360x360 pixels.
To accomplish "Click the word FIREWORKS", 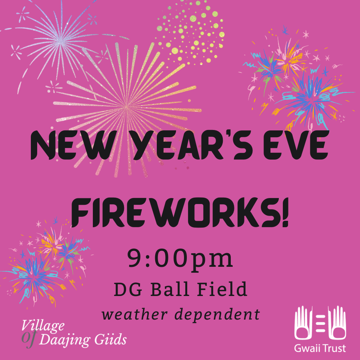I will pos(176,214).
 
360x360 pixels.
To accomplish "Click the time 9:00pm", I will pos(180,259).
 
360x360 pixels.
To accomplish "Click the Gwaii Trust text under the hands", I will pos(320,347).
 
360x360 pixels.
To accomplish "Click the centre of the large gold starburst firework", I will pos(127,108).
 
